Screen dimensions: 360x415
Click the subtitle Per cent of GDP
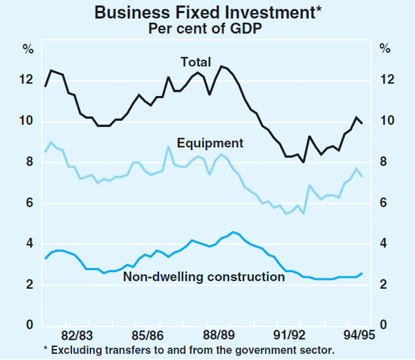click(x=207, y=29)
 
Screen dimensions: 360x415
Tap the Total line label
click(x=196, y=62)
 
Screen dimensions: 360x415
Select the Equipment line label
click(x=210, y=144)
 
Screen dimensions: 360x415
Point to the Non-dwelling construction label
click(x=204, y=277)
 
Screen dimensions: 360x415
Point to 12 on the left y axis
click(x=26, y=81)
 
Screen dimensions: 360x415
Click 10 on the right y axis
click(x=388, y=122)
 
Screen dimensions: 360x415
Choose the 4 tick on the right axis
click(x=385, y=244)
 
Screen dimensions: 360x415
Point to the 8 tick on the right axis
click(x=385, y=162)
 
